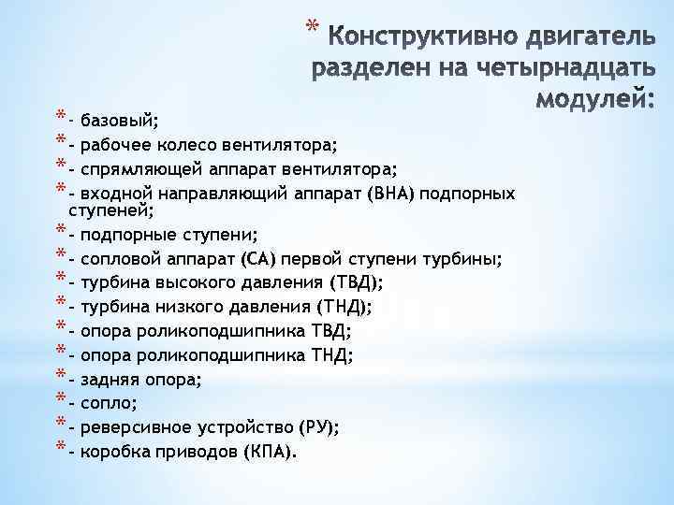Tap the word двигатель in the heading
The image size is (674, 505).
pos(578,38)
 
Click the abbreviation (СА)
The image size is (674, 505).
pos(258,258)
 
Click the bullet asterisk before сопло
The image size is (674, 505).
pos(61,401)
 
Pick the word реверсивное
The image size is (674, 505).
pos(138,428)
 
